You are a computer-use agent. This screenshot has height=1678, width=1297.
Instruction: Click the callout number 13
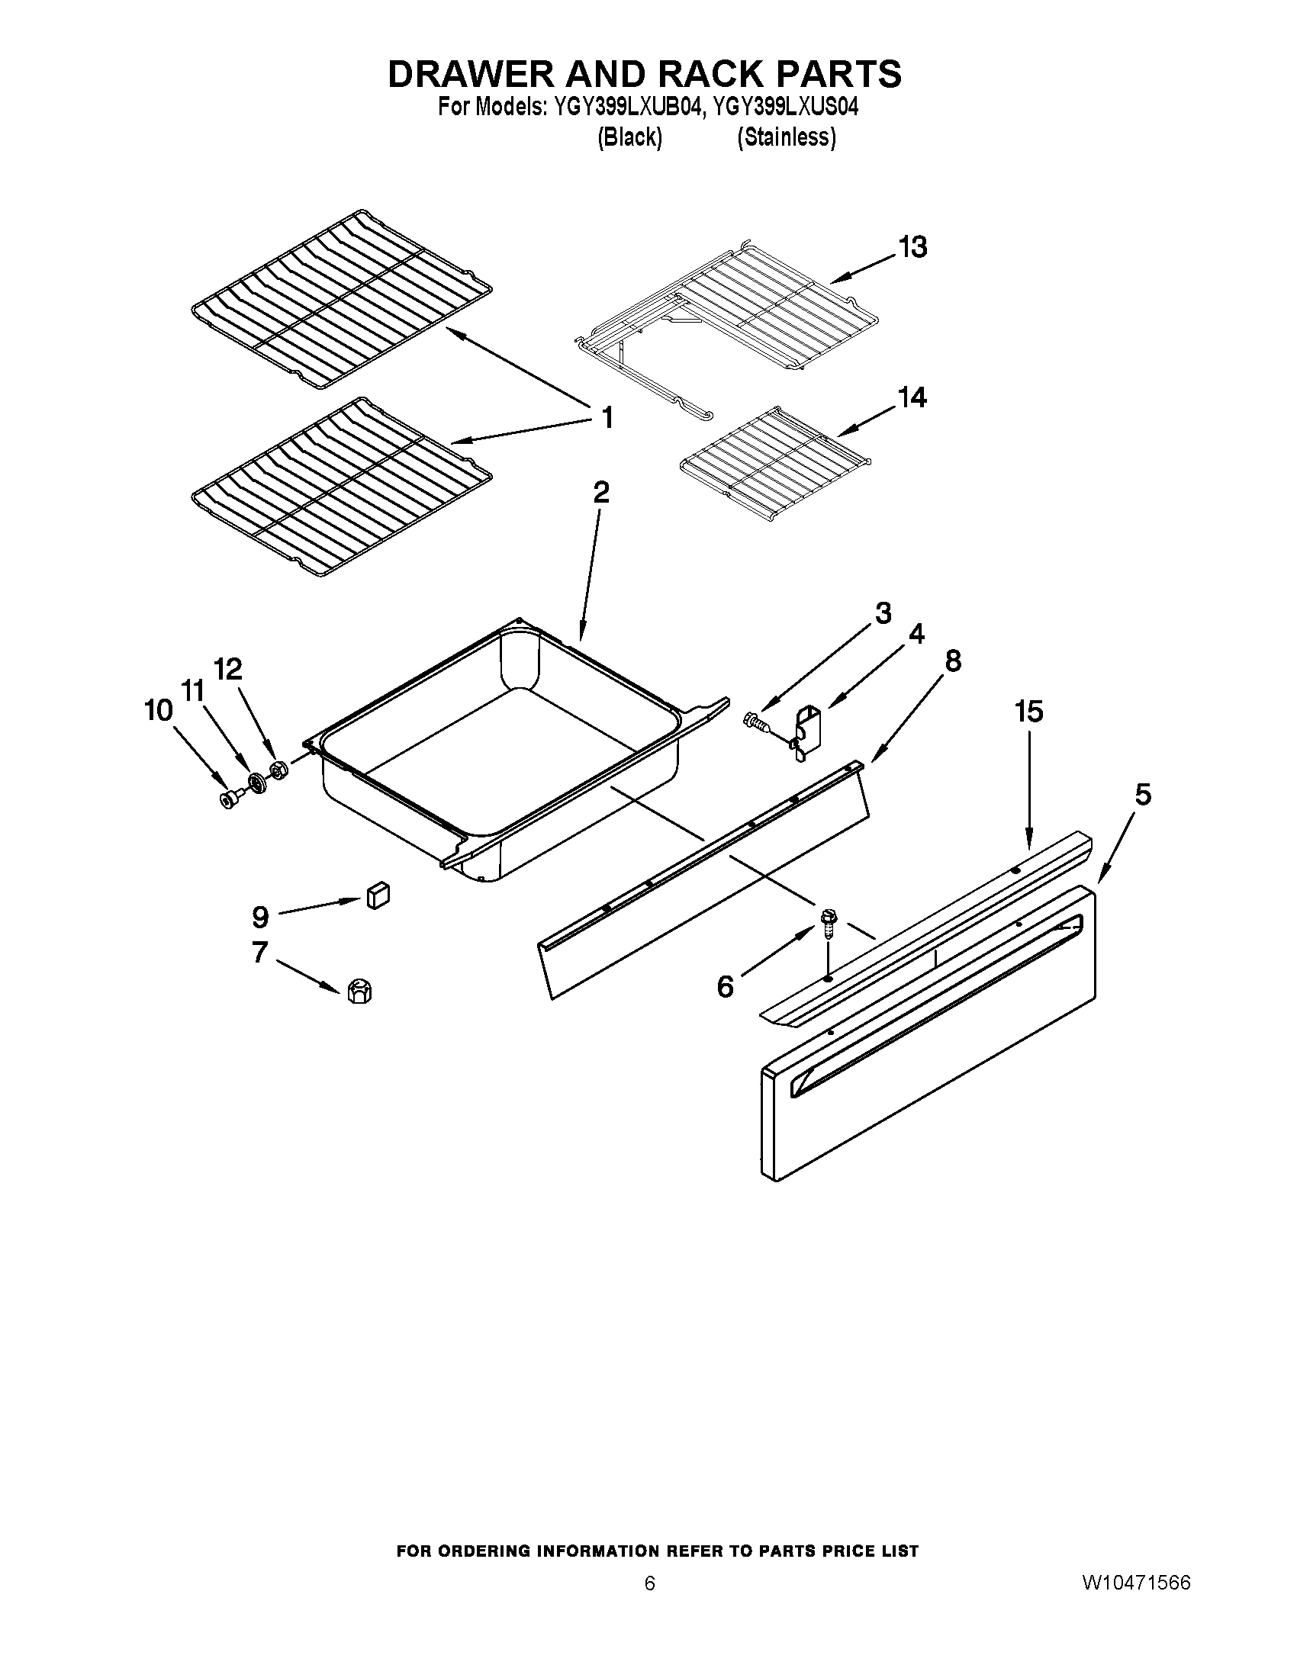(x=912, y=247)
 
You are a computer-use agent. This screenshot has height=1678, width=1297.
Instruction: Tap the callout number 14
(x=911, y=398)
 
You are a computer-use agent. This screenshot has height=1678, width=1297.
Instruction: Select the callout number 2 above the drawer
(x=601, y=492)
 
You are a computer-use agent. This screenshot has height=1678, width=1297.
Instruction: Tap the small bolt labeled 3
(x=754, y=721)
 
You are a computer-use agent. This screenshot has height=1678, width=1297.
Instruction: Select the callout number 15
(x=1029, y=712)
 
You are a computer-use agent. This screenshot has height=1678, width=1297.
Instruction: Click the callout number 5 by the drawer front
(x=1143, y=795)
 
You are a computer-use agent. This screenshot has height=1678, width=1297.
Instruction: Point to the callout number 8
(x=952, y=661)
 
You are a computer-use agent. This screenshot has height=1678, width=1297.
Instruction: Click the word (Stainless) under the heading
(x=785, y=137)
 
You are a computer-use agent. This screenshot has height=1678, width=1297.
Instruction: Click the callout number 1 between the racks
(x=607, y=419)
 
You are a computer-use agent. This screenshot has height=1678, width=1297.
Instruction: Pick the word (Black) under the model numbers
(x=629, y=137)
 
